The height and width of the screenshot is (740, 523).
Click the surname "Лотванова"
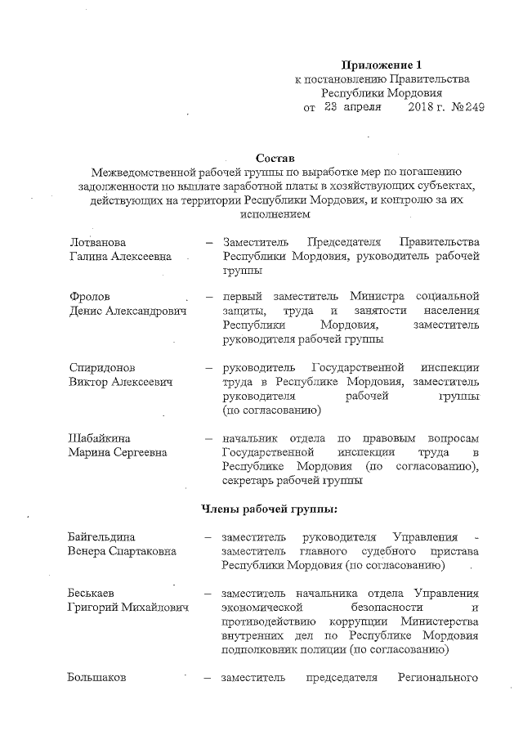[97, 242]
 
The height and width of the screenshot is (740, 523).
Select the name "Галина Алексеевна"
[120, 256]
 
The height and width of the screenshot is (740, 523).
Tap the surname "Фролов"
[88, 296]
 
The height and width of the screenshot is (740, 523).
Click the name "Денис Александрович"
[128, 310]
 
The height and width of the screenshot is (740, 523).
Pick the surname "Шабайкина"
[101, 438]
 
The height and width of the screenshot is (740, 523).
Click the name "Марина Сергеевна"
[118, 452]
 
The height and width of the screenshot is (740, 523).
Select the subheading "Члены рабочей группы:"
[270, 509]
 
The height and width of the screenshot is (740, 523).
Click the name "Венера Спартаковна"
[123, 551]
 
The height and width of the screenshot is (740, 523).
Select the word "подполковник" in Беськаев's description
[259, 650]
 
